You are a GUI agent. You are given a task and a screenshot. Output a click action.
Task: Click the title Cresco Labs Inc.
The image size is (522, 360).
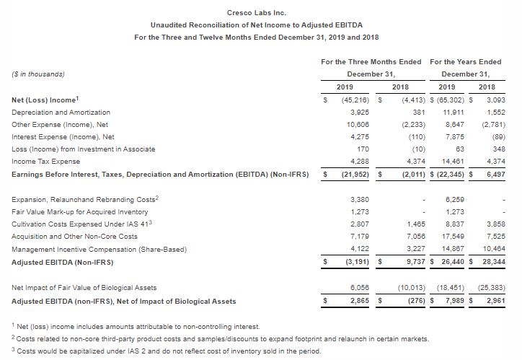260,13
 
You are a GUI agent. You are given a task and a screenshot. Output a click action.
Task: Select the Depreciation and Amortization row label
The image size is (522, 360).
62,113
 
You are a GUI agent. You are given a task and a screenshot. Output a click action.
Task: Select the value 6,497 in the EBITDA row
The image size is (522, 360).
495,174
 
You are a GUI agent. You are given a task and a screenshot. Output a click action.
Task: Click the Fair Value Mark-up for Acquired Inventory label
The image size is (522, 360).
81,211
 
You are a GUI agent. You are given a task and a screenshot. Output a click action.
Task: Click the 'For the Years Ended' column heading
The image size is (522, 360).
465,61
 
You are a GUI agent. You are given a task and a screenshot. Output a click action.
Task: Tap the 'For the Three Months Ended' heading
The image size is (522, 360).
371,61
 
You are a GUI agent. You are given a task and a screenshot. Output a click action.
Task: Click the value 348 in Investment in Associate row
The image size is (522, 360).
498,149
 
